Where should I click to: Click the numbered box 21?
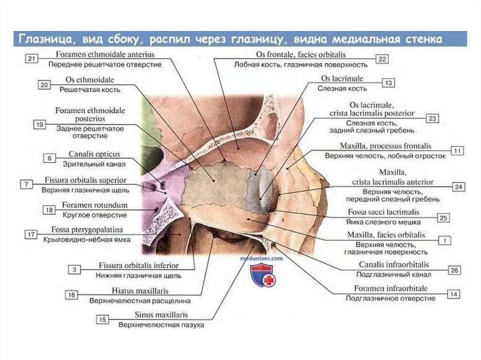pyautogui.click(x=32, y=59)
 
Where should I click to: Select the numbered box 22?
pyautogui.click(x=382, y=59)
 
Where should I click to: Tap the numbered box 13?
pyautogui.click(x=388, y=83)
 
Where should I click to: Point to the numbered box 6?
pyautogui.click(x=49, y=158)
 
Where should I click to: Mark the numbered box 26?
pyautogui.click(x=454, y=270)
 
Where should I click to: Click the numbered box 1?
pyautogui.click(x=444, y=240)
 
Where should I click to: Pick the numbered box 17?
pyautogui.click(x=31, y=234)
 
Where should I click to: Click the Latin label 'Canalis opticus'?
pyautogui.click(x=94, y=154)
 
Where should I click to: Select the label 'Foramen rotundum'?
pyautogui.click(x=94, y=206)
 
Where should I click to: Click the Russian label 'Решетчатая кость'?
pyautogui.click(x=90, y=89)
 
